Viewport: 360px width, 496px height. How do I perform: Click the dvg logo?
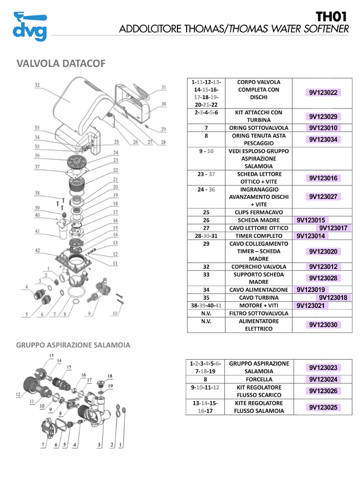[30, 26]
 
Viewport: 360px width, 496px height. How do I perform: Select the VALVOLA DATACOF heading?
[61, 63]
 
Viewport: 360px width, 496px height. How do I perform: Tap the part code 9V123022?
[323, 93]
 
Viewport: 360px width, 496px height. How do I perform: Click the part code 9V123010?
[323, 128]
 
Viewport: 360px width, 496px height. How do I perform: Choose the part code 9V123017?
[333, 228]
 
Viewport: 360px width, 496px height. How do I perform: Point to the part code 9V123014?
[312, 236]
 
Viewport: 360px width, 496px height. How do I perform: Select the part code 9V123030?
[323, 325]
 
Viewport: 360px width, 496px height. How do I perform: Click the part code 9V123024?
[323, 379]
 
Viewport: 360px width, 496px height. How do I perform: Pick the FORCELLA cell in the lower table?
[259, 379]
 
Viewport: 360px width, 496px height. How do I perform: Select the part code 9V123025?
[323, 407]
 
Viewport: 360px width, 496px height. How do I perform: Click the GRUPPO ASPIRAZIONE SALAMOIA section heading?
[74, 344]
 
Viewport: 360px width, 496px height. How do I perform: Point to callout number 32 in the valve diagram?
[37, 85]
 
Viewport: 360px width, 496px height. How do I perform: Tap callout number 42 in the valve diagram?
[37, 250]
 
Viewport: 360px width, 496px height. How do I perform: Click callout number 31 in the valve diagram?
[164, 87]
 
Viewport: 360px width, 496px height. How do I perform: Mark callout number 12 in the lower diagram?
[18, 395]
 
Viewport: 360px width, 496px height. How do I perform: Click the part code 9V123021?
[312, 305]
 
